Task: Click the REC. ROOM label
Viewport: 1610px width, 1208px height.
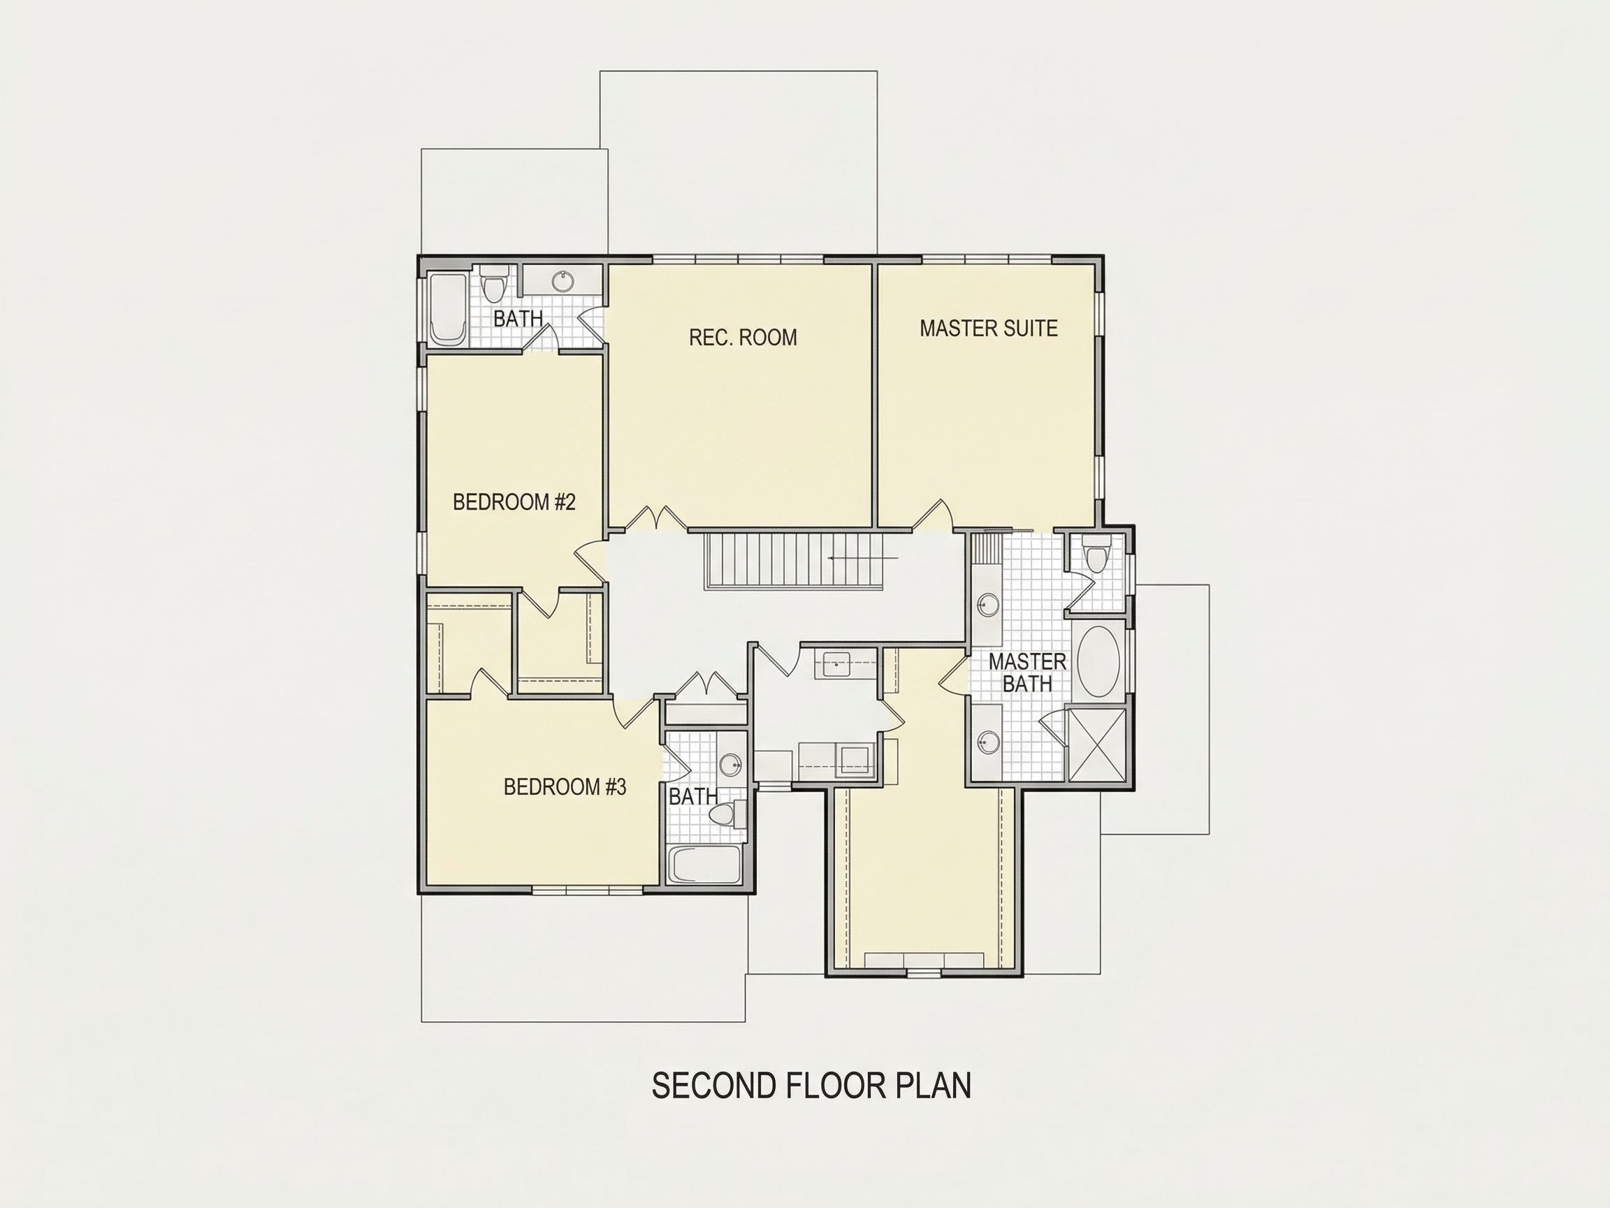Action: (x=742, y=337)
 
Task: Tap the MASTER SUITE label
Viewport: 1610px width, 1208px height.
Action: (x=988, y=329)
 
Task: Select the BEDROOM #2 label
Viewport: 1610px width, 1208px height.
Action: (x=514, y=502)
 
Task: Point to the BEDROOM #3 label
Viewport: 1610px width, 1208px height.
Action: (x=565, y=787)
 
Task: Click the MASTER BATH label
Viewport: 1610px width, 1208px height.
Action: (x=1027, y=672)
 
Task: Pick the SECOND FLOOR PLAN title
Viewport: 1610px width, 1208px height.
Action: (x=811, y=1085)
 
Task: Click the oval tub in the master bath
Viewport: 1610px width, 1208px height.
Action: (x=1099, y=662)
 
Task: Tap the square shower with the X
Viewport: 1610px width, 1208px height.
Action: (x=1094, y=745)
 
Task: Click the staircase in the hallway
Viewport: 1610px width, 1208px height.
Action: (x=793, y=561)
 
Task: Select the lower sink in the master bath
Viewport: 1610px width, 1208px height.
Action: (x=987, y=743)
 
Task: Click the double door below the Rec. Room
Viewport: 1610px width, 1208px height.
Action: (x=655, y=516)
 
